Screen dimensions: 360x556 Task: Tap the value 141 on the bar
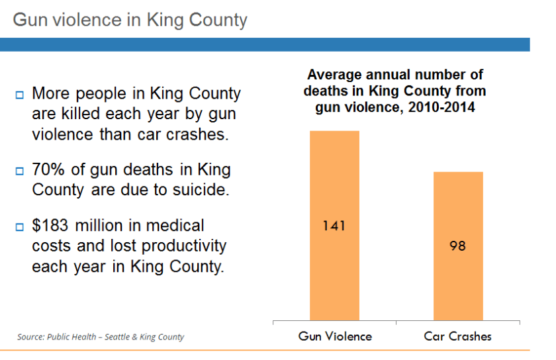[x=334, y=226]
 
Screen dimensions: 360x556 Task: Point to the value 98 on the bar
[x=457, y=246]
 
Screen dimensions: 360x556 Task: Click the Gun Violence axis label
[x=335, y=336]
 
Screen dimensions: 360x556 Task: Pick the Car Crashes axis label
[x=458, y=336]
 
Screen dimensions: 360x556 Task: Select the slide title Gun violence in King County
[x=130, y=20]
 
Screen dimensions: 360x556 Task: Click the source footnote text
[x=101, y=337]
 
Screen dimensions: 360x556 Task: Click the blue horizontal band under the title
[x=265, y=44]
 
